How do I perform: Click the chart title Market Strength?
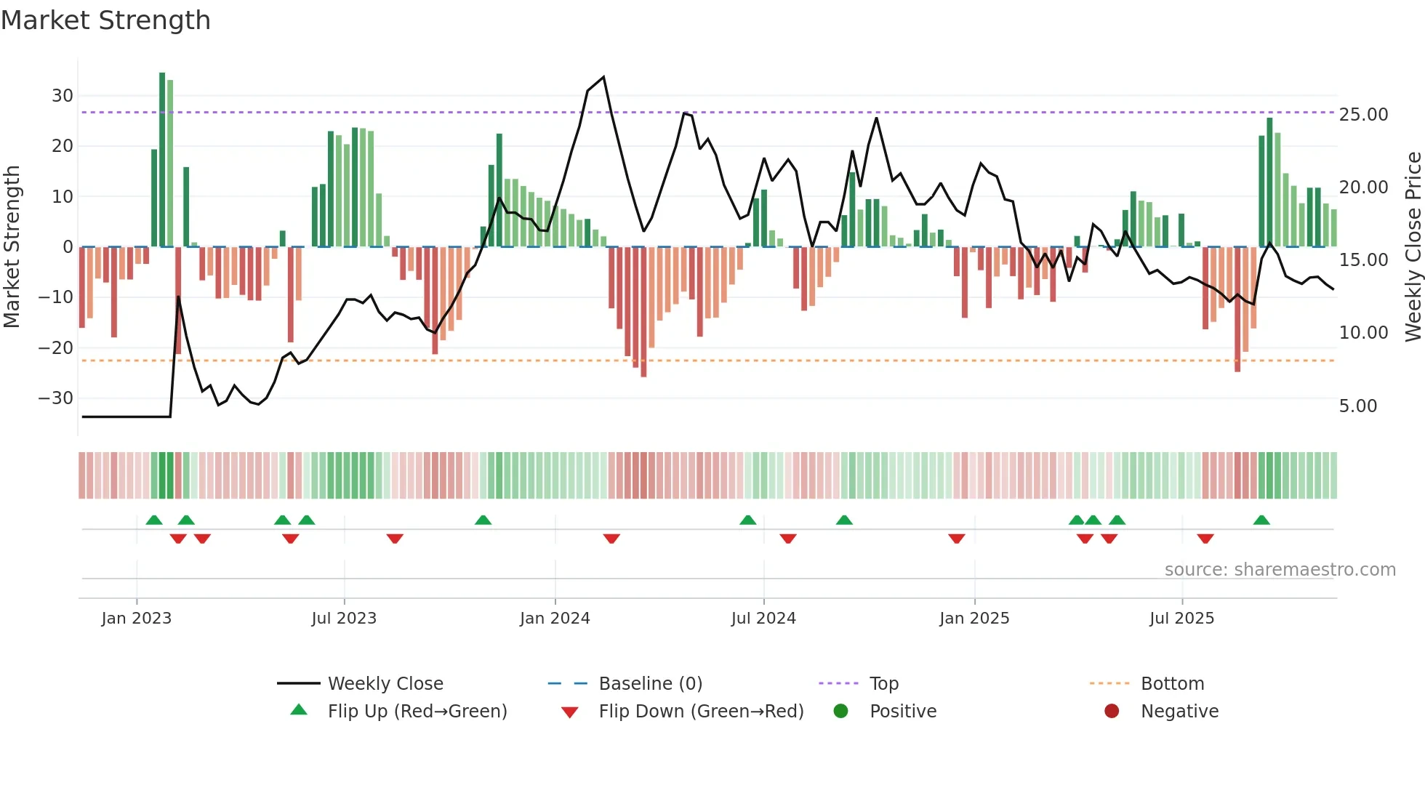click(105, 20)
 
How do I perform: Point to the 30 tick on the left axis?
click(63, 96)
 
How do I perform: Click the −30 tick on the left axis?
click(56, 398)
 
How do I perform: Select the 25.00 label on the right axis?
click(1363, 115)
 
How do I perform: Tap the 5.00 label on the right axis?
click(1357, 406)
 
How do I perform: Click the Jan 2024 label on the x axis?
click(555, 619)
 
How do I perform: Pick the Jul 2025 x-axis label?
click(1181, 619)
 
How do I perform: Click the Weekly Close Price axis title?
click(1413, 246)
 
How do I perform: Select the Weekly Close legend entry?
click(385, 684)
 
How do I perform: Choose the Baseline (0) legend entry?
click(650, 684)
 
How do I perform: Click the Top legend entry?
click(883, 684)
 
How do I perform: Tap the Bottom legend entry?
click(1172, 684)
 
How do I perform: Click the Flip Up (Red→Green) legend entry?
click(417, 712)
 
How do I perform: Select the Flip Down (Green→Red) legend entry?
click(701, 712)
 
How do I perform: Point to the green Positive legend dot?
click(841, 712)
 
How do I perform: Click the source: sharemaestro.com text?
click(1280, 570)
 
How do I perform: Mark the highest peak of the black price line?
click(603, 77)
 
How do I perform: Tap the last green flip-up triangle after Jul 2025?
click(1261, 520)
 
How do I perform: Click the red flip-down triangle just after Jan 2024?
click(611, 539)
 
